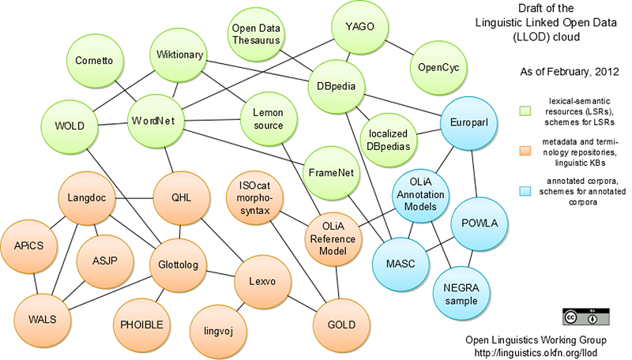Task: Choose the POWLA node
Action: pos(479,223)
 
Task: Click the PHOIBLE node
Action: pos(141,324)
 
